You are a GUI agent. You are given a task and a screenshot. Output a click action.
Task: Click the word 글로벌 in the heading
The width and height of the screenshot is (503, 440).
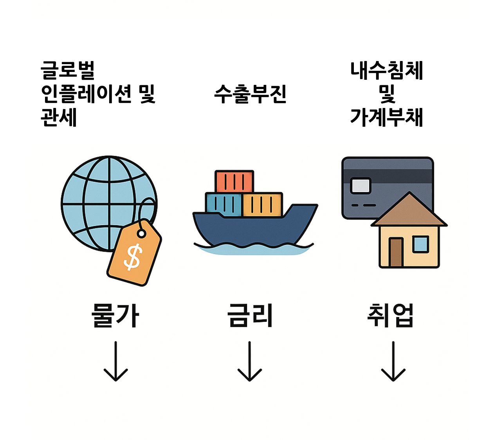pos(68,71)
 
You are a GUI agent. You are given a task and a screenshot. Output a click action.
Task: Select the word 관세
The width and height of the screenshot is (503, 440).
pos(59,117)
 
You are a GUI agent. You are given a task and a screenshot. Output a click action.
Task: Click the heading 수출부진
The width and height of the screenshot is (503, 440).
pos(251,94)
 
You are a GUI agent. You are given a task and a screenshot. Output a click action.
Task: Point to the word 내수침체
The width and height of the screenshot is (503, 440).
pos(387,71)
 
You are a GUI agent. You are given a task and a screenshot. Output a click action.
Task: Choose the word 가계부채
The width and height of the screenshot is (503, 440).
pos(387,117)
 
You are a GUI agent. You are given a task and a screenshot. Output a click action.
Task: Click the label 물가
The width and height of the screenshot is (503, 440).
pos(115,316)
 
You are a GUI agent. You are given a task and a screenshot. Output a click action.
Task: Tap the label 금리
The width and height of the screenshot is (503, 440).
pos(250,316)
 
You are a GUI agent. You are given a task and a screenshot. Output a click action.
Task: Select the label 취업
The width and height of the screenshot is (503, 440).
pos(390,316)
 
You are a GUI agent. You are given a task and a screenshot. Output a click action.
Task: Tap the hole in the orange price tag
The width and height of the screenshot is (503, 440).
pos(141,233)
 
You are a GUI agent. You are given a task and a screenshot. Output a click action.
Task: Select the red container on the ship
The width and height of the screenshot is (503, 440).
pos(234,181)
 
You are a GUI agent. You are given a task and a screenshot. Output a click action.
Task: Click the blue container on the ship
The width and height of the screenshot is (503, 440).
pos(223,204)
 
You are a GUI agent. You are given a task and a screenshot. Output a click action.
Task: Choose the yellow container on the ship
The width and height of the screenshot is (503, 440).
pos(262,205)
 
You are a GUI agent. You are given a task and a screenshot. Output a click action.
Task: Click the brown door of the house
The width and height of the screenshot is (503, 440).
pos(396,252)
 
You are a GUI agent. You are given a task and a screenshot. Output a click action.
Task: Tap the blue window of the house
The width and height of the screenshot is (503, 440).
pos(421,244)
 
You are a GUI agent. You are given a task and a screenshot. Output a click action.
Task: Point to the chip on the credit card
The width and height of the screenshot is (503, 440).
pos(361,185)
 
